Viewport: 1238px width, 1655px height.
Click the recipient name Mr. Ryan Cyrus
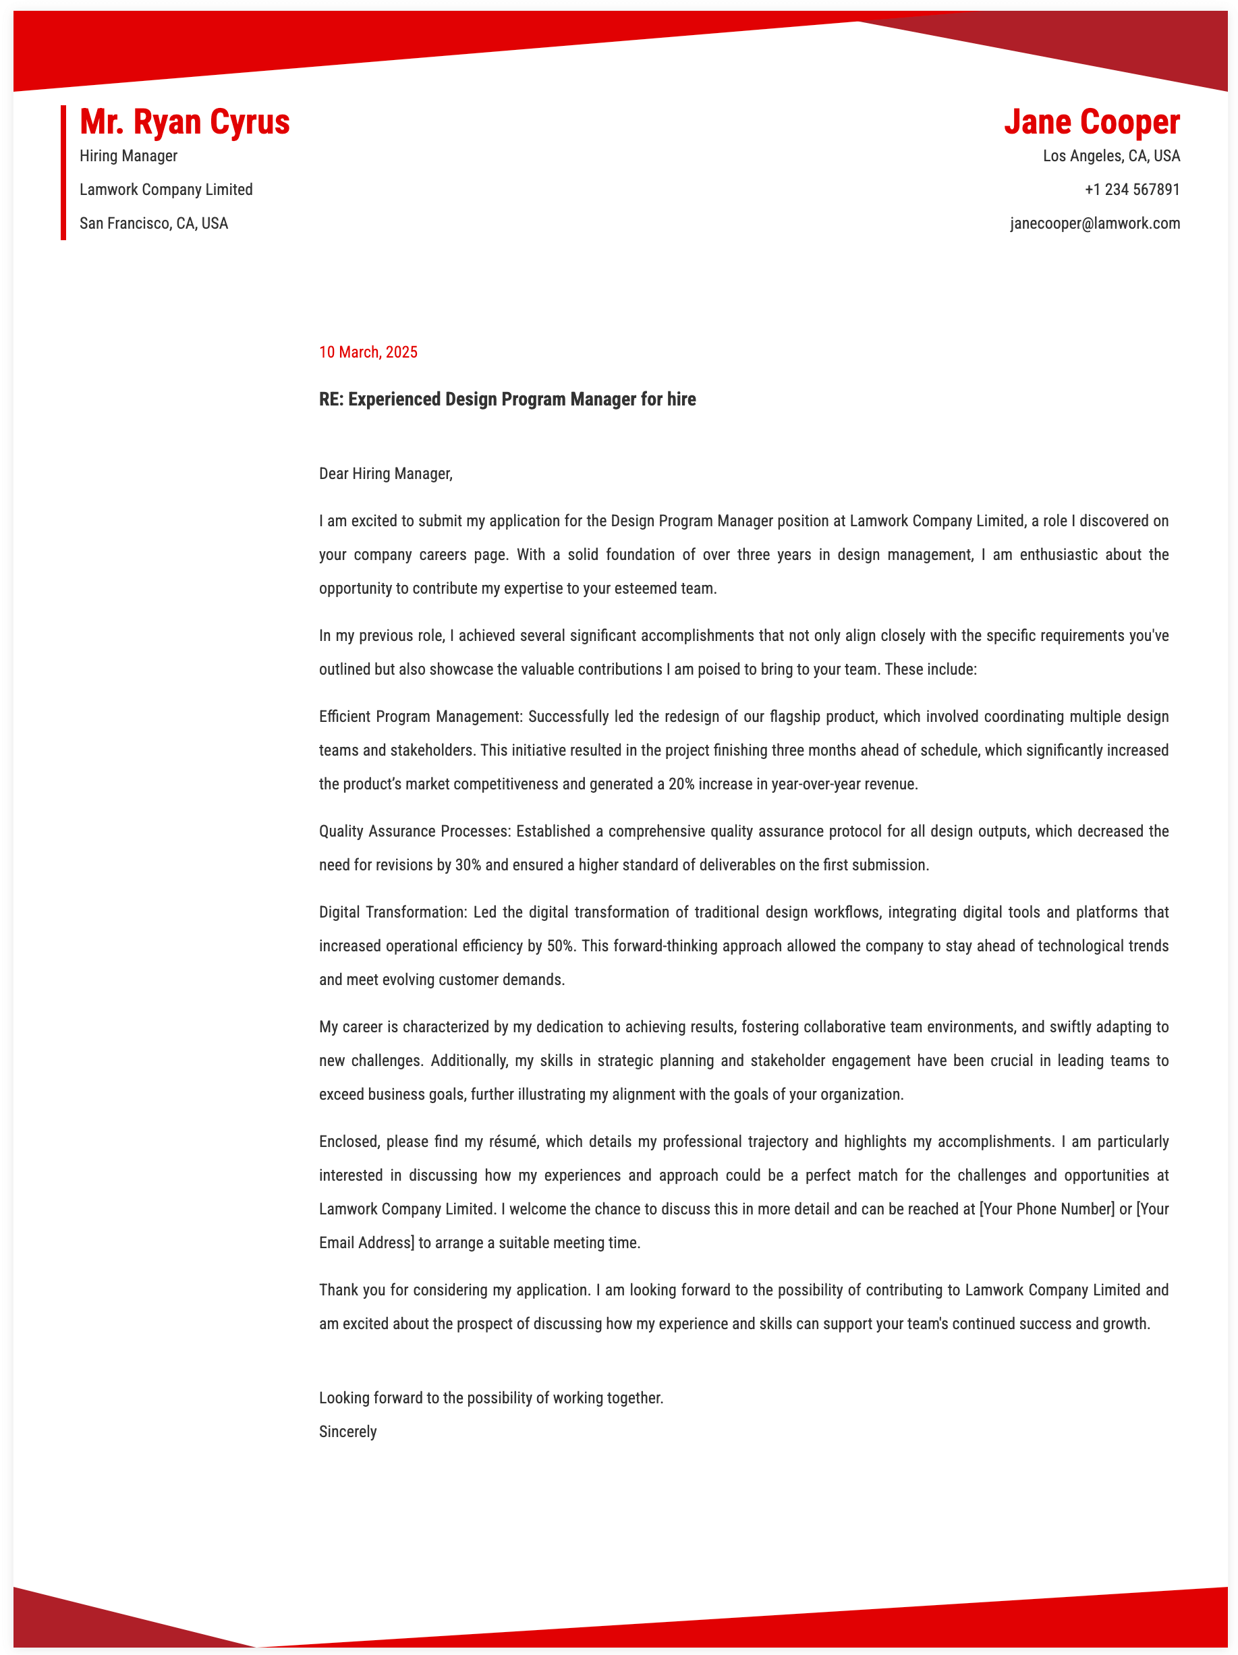(x=184, y=122)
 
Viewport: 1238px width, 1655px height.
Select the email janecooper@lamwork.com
(x=1094, y=223)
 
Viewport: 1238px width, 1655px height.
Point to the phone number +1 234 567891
(x=1132, y=190)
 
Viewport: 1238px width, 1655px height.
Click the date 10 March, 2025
(x=368, y=352)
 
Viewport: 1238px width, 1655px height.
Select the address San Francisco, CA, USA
(x=153, y=223)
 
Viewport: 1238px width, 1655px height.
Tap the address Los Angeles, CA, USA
(x=1111, y=156)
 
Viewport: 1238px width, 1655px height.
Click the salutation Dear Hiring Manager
(x=385, y=474)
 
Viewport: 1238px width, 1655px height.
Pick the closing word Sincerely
(x=348, y=1431)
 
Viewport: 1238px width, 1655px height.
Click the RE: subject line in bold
(x=507, y=399)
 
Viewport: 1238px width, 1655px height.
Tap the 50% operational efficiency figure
(x=561, y=946)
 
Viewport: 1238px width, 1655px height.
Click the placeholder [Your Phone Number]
(x=1046, y=1209)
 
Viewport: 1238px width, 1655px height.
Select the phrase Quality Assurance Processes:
(x=414, y=831)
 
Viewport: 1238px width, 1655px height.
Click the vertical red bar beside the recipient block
(x=63, y=172)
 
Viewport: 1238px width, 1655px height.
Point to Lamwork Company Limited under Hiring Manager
(x=166, y=190)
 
